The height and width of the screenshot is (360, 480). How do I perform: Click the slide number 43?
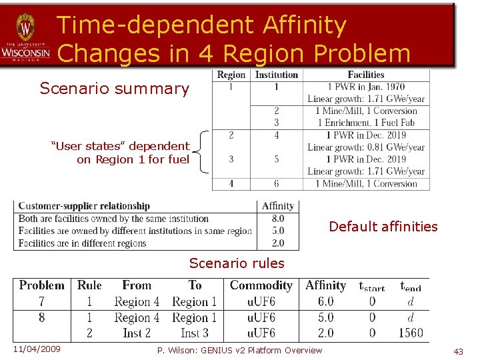click(x=458, y=351)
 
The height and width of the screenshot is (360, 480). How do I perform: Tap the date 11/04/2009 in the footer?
click(x=37, y=349)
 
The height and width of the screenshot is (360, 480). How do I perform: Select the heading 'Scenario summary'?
click(x=115, y=89)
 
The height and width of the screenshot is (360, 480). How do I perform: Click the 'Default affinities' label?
click(x=383, y=227)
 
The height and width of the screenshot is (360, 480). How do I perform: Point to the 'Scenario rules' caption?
click(x=237, y=263)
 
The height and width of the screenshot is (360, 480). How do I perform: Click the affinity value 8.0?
click(x=278, y=219)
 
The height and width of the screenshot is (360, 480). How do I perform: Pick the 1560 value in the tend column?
click(x=411, y=333)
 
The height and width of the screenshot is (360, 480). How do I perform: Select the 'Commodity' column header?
click(x=261, y=285)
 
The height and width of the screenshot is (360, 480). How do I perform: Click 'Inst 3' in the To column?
click(x=195, y=333)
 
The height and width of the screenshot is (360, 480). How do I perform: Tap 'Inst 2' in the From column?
click(x=137, y=333)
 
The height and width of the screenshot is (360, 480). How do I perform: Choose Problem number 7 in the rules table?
click(x=41, y=301)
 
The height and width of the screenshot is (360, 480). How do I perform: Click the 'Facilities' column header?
click(x=366, y=75)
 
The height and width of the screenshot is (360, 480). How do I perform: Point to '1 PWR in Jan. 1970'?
click(x=366, y=87)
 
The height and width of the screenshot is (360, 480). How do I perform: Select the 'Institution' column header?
click(x=277, y=75)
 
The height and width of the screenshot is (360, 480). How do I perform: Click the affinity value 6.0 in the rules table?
click(x=325, y=301)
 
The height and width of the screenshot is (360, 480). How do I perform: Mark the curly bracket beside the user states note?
click(x=203, y=153)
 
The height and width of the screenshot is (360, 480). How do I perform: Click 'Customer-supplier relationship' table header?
click(x=84, y=206)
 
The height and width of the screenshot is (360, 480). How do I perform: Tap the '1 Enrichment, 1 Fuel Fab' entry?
click(x=366, y=123)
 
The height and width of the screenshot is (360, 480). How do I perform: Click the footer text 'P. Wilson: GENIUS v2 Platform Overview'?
click(x=239, y=351)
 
